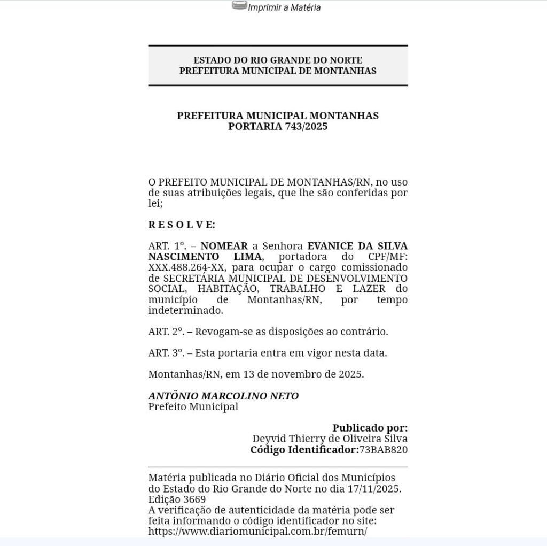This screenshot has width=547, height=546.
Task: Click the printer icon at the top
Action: point(239,6)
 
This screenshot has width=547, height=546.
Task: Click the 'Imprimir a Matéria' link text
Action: point(284,7)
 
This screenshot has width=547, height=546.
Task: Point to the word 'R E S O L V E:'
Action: point(182,225)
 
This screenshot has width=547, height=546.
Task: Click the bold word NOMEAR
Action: point(224,246)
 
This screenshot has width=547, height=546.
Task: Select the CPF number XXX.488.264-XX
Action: point(186,267)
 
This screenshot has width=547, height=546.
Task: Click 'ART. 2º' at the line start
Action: point(166,332)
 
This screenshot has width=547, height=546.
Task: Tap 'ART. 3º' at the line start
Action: point(166,353)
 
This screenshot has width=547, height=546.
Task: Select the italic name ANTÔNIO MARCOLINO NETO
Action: point(223,396)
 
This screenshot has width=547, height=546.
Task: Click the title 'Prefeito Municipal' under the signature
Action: point(193,407)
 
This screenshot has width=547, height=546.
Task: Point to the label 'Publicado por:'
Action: point(370,428)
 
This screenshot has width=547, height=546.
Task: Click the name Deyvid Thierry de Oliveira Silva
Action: point(330,439)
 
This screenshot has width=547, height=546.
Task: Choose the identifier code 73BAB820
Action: point(383,450)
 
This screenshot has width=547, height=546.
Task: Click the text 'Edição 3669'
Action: point(177,499)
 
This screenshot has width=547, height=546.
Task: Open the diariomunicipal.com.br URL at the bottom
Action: point(257,532)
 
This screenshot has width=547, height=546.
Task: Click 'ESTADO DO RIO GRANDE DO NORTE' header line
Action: point(277,60)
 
